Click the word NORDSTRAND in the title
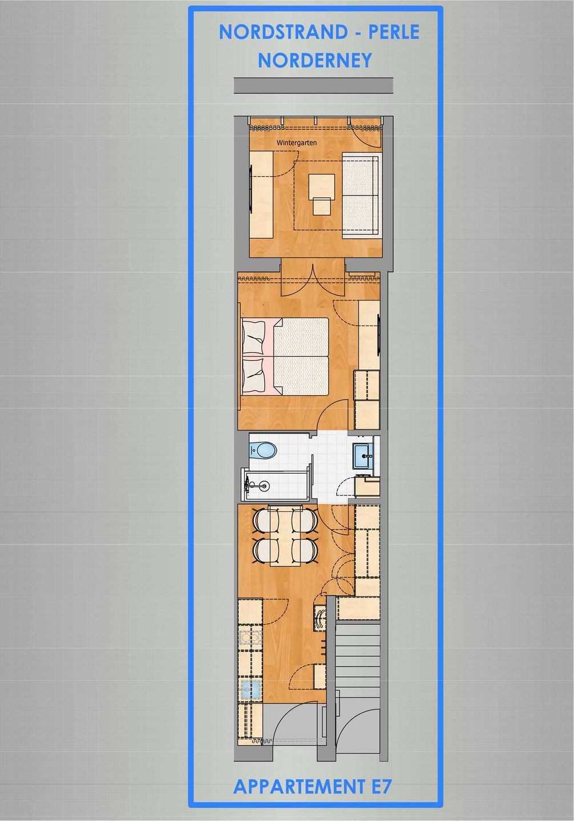(283, 32)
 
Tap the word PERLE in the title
(394, 32)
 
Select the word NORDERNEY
(315, 60)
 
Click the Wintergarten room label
(297, 143)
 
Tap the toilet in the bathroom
(262, 450)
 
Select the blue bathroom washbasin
(363, 456)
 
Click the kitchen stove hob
(250, 639)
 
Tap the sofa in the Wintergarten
(361, 196)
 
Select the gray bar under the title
(314, 86)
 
